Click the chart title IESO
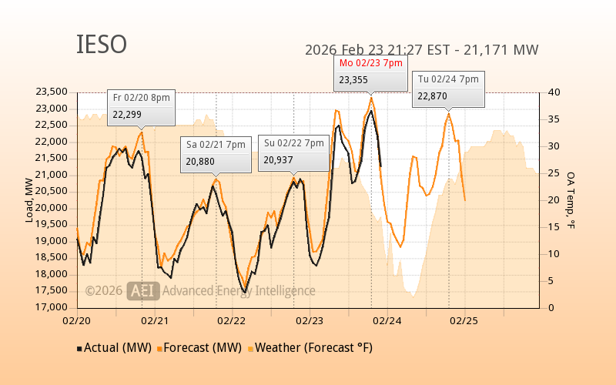[x=101, y=45]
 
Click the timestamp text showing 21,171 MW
[x=421, y=50]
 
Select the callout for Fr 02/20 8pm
[x=142, y=107]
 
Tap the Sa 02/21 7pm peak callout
[x=216, y=154]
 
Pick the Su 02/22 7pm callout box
[x=293, y=152]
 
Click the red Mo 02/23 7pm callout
[x=371, y=72]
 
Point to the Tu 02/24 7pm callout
[x=448, y=88]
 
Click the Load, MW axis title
[x=29, y=200]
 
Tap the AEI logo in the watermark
[x=143, y=290]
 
